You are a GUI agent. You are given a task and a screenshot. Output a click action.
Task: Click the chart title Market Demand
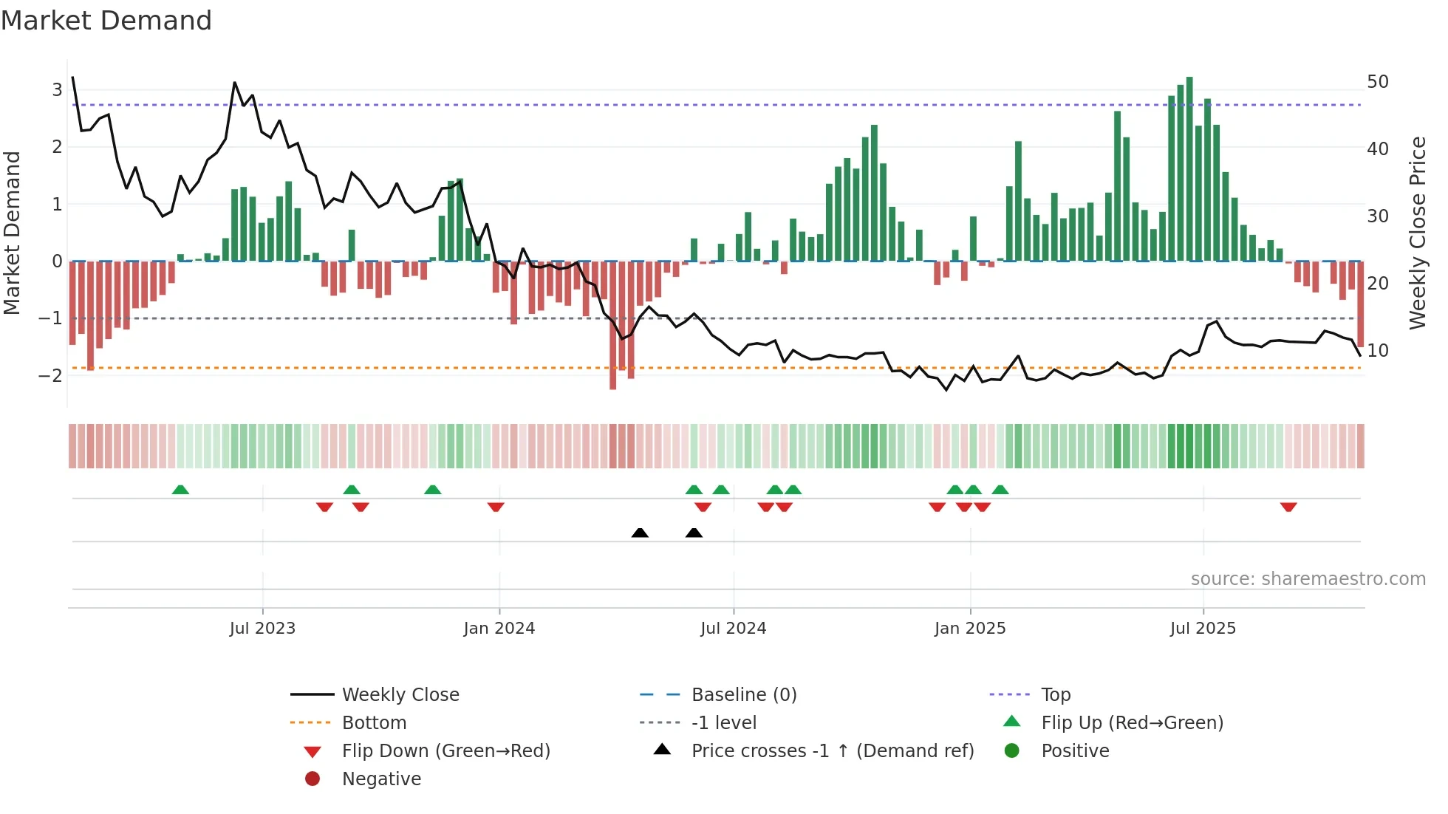tap(106, 21)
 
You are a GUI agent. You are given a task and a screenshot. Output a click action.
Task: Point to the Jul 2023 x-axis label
tap(262, 629)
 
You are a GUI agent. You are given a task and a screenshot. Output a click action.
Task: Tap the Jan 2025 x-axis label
tap(969, 629)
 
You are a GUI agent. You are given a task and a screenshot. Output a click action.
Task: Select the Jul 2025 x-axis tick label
tap(1203, 629)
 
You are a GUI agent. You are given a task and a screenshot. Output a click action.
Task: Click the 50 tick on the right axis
tap(1377, 81)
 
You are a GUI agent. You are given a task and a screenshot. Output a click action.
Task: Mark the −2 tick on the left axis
tap(51, 375)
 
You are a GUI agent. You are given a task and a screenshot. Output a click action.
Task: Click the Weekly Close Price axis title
tap(1417, 233)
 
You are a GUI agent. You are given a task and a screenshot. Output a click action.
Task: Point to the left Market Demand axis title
tap(13, 233)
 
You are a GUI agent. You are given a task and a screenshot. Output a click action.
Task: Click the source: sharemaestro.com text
tap(1308, 578)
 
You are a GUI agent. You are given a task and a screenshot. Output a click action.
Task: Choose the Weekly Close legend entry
tap(400, 694)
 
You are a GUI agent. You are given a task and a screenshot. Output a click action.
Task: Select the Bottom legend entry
tap(374, 722)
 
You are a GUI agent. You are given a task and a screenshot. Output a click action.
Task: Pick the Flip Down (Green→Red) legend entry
tap(445, 750)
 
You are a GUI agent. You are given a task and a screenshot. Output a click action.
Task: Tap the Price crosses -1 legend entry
tap(832, 750)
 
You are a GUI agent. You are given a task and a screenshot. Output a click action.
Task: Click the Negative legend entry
tap(381, 779)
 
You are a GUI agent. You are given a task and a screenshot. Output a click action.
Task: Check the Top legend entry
tap(1056, 694)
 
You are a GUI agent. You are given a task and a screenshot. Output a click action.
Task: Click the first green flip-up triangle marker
tap(180, 490)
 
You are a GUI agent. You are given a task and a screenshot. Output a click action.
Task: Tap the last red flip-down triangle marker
tap(1288, 507)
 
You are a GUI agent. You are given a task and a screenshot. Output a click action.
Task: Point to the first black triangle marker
tap(640, 533)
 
